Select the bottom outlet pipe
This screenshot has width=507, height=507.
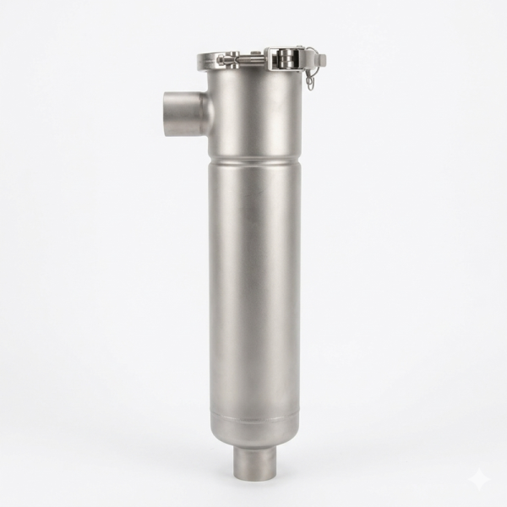point(254,461)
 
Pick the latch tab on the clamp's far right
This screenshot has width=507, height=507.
point(320,59)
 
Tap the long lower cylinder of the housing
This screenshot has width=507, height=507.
point(254,287)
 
